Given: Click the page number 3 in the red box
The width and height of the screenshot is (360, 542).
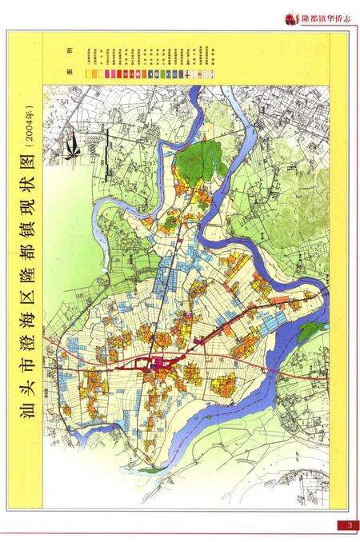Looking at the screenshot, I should pyautogui.click(x=349, y=525).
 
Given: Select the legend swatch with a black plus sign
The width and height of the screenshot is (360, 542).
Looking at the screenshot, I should pyautogui.click(x=187, y=74).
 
